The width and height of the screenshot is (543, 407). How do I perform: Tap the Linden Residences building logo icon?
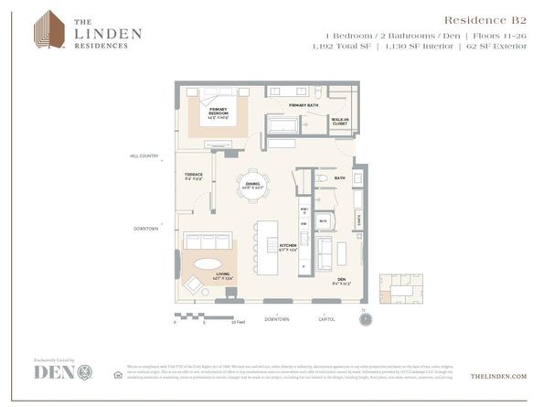pyautogui.click(x=47, y=29)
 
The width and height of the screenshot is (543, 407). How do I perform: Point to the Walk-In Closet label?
pyautogui.click(x=340, y=121)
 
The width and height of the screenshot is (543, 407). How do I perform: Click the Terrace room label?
pyautogui.click(x=194, y=176)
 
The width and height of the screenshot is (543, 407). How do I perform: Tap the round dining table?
pyautogui.click(x=253, y=184)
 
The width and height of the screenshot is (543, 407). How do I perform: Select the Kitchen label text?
pyautogui.click(x=288, y=247)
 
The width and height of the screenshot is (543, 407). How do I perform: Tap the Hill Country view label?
pyautogui.click(x=144, y=156)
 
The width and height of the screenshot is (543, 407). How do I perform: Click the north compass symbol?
pyautogui.click(x=367, y=320)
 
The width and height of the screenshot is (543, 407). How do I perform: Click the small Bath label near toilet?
pyautogui.click(x=338, y=178)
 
